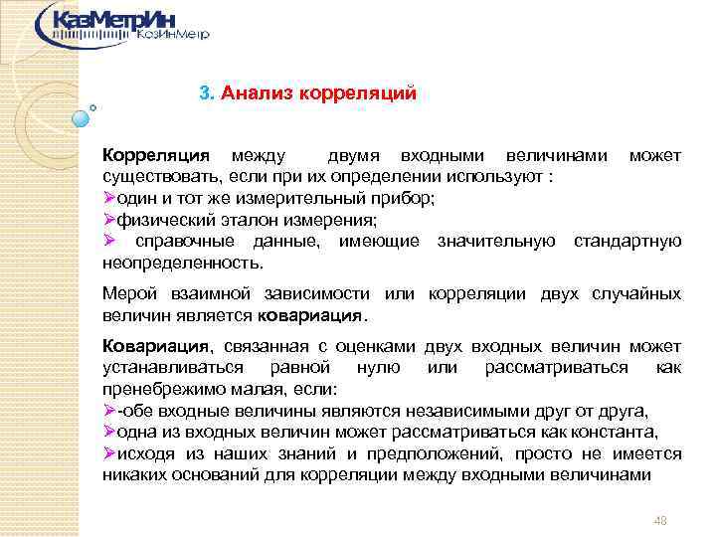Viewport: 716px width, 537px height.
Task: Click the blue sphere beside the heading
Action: click(x=81, y=118)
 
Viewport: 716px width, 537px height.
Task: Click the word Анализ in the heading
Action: click(x=254, y=93)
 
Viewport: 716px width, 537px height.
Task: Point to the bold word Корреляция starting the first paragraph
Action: click(x=156, y=156)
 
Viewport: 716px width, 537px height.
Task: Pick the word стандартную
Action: click(x=627, y=241)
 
